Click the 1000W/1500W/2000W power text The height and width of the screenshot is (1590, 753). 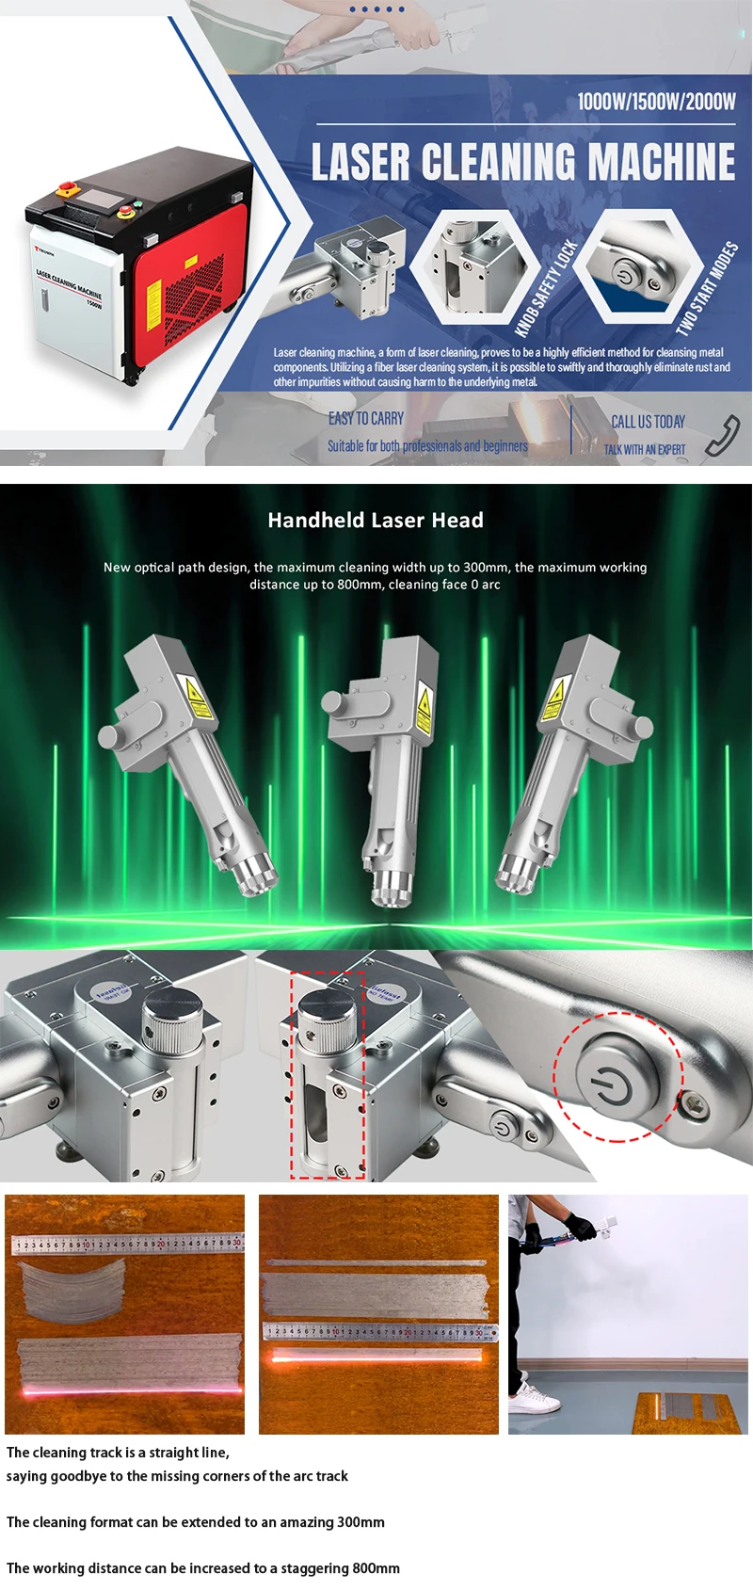click(656, 101)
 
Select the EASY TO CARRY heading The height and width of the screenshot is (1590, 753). click(365, 418)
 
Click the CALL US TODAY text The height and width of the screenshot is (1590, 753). click(648, 422)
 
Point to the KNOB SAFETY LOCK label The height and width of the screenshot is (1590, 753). click(546, 288)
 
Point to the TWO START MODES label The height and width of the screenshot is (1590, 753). click(707, 288)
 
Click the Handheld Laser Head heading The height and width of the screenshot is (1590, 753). click(375, 520)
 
